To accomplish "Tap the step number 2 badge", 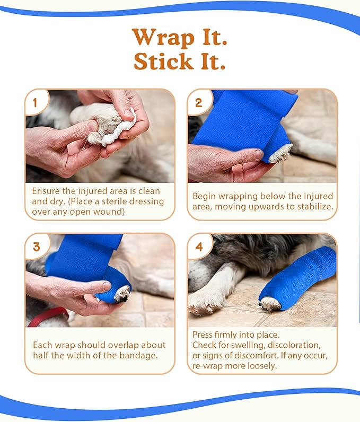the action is pos(199,102).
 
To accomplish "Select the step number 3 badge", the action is pos(37,247).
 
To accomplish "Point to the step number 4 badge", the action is pos(199,247).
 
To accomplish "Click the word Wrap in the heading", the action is pos(163,38).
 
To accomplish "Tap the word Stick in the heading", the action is pos(163,61).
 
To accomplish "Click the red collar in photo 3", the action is pos(48,317).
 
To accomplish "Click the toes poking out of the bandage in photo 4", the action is pos(270,304).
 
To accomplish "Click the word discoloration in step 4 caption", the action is pos(294,345).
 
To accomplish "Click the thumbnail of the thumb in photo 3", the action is pos(107,286).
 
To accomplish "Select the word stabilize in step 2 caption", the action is pos(314,206).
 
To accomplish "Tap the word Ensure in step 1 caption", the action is pos(46,191).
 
